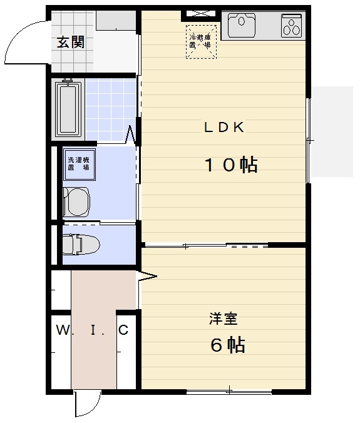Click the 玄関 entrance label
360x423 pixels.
pos(71,43)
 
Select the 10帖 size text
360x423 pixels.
pos(231,165)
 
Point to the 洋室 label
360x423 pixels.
pos(222,319)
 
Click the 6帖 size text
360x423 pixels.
pos(227,344)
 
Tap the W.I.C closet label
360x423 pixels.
pos(93,330)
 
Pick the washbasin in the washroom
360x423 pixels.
pos(76,202)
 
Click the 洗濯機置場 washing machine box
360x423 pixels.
pos(78,164)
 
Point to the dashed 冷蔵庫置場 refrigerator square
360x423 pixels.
pos(202,41)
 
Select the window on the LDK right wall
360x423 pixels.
pos(307,141)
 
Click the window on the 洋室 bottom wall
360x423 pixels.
pos(229,392)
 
